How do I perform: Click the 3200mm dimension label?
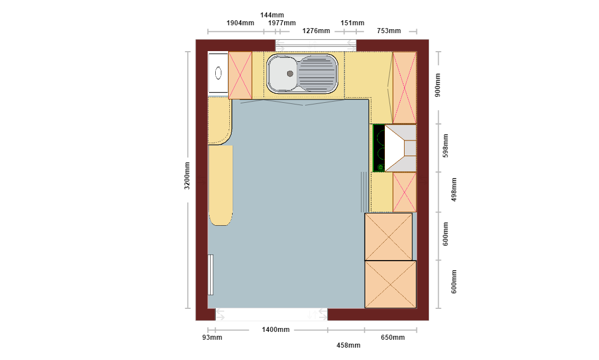pos(187,176)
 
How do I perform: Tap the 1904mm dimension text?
pos(240,23)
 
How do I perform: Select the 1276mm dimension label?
pos(316,31)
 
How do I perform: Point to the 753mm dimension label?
pos(389,31)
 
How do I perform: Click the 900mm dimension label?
pos(438,85)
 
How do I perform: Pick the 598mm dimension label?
pos(446,146)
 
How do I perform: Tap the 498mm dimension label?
pos(454,189)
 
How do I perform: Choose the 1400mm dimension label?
pos(276,330)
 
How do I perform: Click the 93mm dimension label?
pos(212,338)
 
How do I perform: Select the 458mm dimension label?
pos(348,345)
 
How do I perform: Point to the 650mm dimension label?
pos(393,338)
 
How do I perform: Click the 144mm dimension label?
pos(272,15)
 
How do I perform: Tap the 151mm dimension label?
pos(352,23)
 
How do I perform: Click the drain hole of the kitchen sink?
pos(290,74)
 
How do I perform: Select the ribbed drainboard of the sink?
pos(317,74)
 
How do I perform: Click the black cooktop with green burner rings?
pos(379,148)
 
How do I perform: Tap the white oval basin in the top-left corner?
pos(218,72)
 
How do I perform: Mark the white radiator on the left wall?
pos(211,275)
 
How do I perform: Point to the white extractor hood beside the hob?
pos(400,148)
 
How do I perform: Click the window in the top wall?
pos(316,45)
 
